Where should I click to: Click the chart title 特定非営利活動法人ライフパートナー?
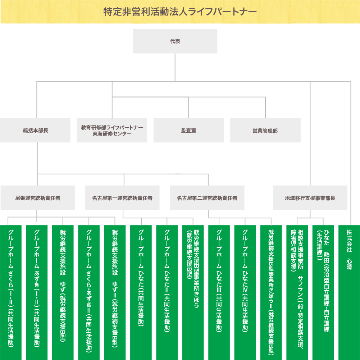coord(180,12)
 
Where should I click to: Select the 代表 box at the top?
coord(175,41)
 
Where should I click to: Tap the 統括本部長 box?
coord(35,131)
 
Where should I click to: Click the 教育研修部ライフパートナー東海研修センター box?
coord(112,131)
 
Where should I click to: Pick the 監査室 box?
coord(188,131)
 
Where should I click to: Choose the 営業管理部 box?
coord(265,131)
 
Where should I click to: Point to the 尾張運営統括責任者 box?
coord(37,198)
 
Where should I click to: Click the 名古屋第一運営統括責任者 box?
coord(122,198)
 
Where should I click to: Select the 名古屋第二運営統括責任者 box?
coord(207,198)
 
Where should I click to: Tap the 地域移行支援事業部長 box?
coord(310,198)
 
